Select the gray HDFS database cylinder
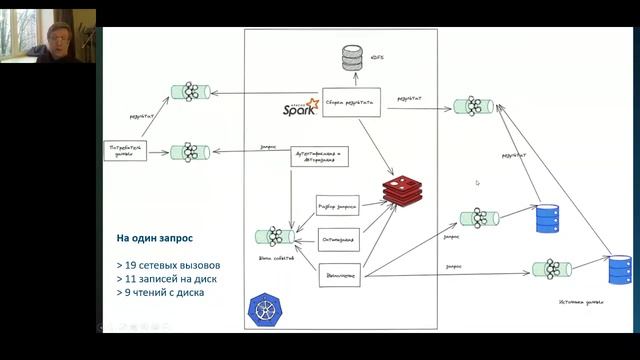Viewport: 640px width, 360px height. tap(351, 57)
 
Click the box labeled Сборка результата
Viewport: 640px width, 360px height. tap(352, 102)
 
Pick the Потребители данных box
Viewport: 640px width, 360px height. tap(127, 151)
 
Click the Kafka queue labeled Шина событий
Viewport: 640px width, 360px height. tap(274, 237)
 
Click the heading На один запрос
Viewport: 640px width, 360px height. tap(155, 239)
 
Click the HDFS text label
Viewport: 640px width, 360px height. tap(378, 57)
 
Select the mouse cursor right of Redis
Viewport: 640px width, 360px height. tap(477, 183)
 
